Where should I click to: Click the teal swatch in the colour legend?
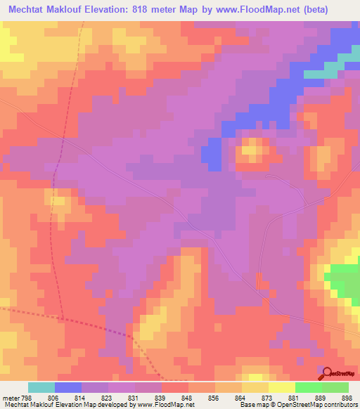(41, 387)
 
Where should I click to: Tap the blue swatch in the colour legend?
(68, 387)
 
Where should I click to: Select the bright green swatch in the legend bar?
(308, 387)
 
